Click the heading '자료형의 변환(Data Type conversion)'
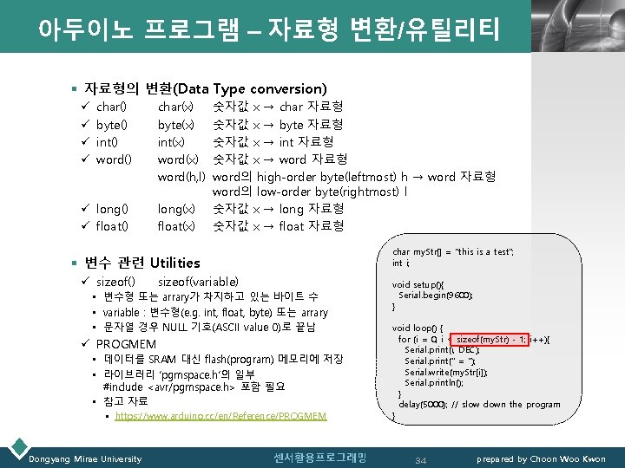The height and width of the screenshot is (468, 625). [x=205, y=88]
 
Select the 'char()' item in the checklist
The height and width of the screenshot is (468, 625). [x=111, y=107]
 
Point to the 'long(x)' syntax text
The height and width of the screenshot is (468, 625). [x=177, y=209]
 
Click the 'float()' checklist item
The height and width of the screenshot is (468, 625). [x=111, y=226]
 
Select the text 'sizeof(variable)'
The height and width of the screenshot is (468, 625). [x=198, y=282]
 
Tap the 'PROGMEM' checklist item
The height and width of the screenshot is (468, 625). [x=126, y=344]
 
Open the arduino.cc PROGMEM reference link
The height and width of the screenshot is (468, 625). [x=220, y=416]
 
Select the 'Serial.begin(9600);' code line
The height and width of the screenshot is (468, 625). [x=436, y=296]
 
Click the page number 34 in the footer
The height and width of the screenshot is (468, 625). [x=420, y=458]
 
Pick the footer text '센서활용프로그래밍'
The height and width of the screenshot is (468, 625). [x=307, y=458]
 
